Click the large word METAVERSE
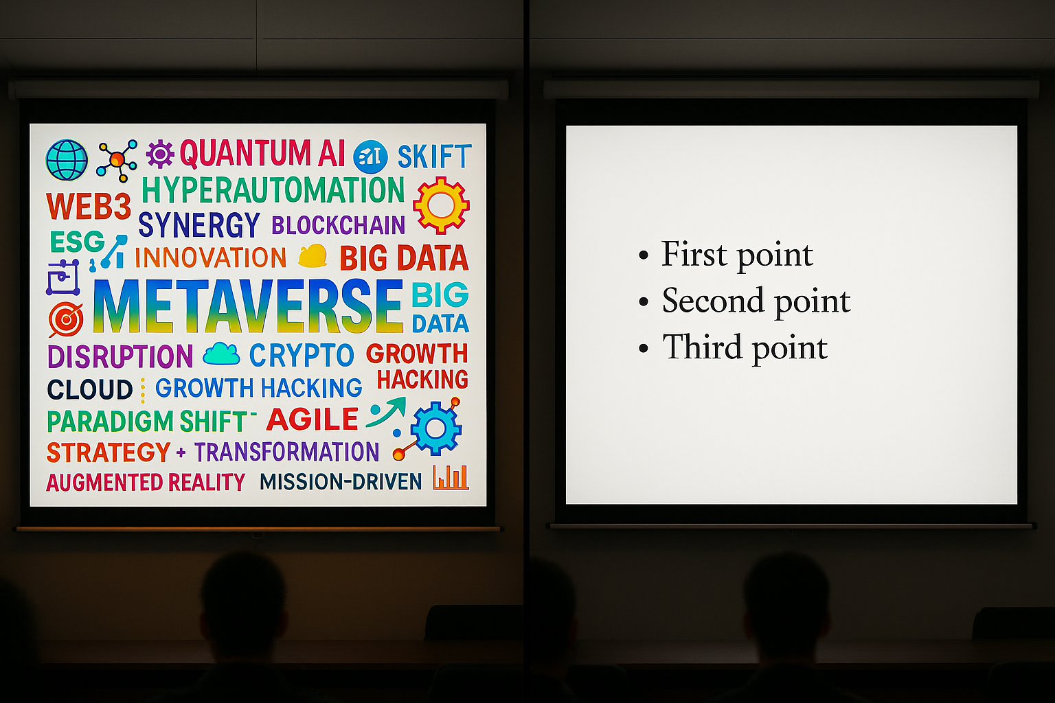[248, 306]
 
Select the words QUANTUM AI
[262, 153]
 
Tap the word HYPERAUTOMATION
[273, 189]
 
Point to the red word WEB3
[89, 206]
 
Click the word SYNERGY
[198, 224]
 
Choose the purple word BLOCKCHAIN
[338, 225]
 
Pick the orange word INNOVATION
[211, 257]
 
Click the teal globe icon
[67, 160]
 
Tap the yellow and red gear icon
[442, 205]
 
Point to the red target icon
[66, 319]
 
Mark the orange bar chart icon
[451, 477]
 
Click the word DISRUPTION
[120, 356]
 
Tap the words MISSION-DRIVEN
[341, 481]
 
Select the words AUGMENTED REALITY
[146, 482]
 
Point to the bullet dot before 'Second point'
[644, 302]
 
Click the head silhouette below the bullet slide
[786, 608]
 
